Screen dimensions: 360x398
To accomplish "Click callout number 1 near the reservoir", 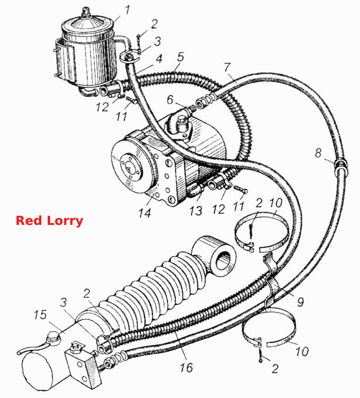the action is click(127, 10).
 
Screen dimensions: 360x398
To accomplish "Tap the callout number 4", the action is click(159, 59).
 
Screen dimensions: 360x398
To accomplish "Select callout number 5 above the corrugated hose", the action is click(180, 57).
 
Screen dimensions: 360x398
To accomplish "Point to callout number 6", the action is click(170, 99).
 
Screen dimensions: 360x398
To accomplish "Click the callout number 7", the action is click(227, 67).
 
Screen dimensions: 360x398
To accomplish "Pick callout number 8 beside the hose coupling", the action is click(318, 153).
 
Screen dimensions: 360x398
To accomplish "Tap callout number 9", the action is click(300, 302).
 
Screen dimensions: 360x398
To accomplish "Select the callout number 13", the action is click(196, 210).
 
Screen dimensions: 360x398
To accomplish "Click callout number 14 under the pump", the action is click(145, 212).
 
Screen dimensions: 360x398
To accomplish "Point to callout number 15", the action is click(40, 315).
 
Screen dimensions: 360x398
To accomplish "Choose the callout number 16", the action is click(186, 367).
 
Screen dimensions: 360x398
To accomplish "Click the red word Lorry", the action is click(65, 220).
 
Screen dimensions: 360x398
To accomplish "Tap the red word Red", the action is click(29, 220).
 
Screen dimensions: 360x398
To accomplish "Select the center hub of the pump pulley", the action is click(130, 167).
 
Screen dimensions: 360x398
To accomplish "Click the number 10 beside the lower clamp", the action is click(302, 351).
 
